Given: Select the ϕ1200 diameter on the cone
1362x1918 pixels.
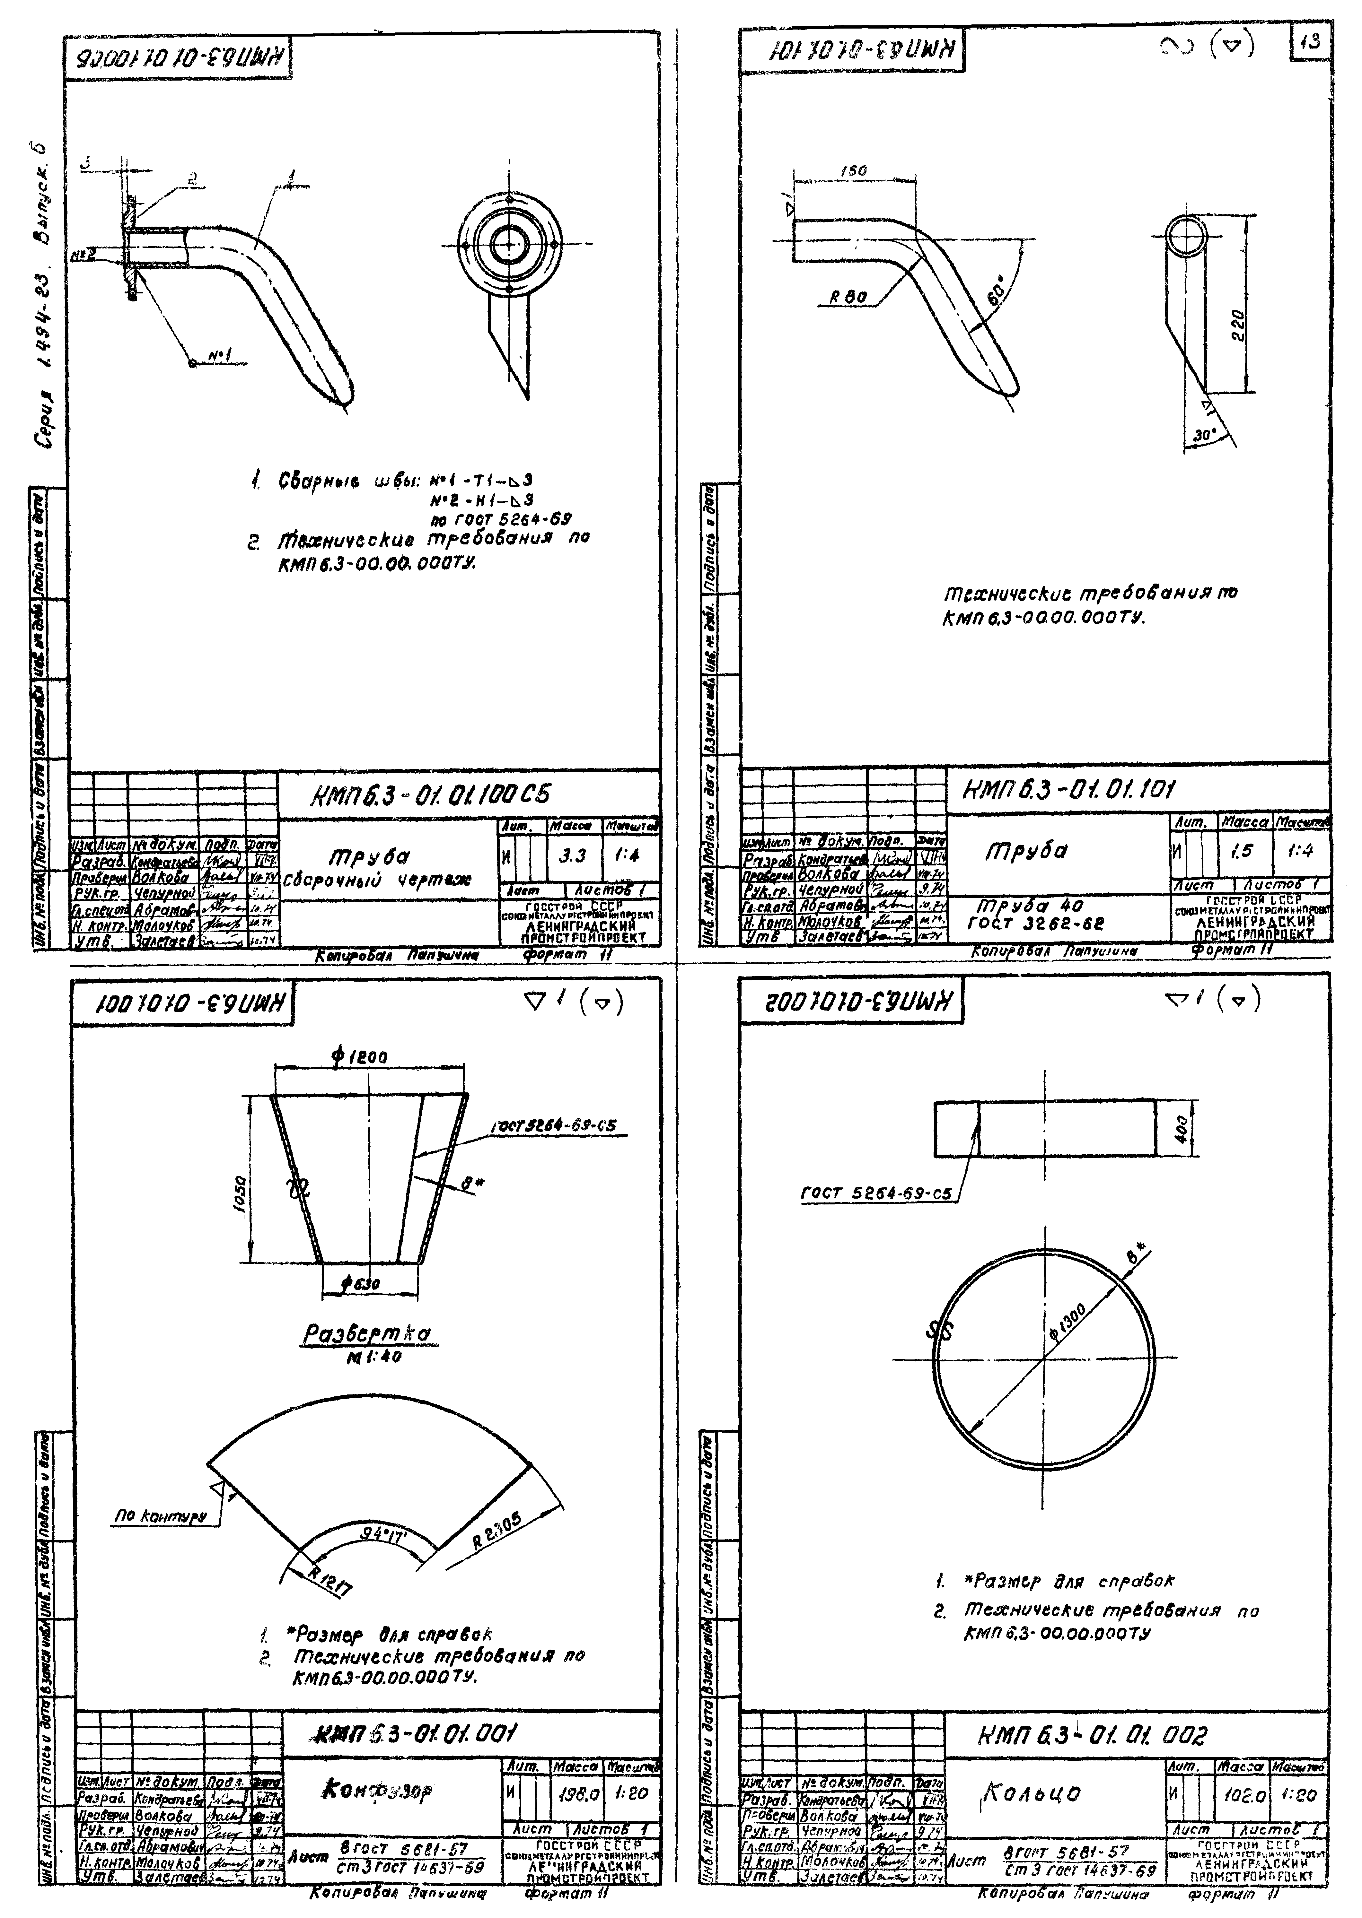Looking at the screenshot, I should coord(360,1057).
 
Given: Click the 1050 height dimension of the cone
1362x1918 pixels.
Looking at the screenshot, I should coord(239,1190).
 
